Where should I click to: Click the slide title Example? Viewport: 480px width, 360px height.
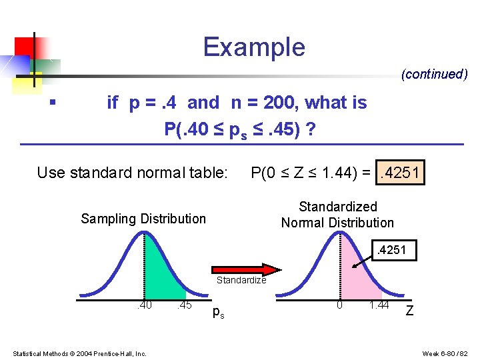click(x=254, y=47)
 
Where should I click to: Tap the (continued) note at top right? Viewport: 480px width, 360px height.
click(x=434, y=74)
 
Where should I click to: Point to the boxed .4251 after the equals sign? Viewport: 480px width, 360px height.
click(x=399, y=173)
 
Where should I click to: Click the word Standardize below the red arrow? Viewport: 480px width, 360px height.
click(x=241, y=281)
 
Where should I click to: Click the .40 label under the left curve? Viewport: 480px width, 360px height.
click(x=143, y=306)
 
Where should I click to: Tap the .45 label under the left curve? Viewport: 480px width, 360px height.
click(x=184, y=306)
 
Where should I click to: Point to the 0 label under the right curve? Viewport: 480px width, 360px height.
click(x=339, y=305)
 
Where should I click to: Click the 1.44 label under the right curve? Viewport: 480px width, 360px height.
click(x=379, y=305)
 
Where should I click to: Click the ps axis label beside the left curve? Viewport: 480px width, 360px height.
click(x=218, y=311)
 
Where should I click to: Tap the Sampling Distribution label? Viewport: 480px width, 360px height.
click(x=143, y=219)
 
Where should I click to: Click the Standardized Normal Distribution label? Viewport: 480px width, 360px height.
click(x=337, y=215)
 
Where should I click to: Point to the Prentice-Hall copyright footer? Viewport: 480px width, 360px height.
click(x=79, y=353)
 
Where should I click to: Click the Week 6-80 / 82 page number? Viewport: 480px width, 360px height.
click(x=445, y=353)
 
